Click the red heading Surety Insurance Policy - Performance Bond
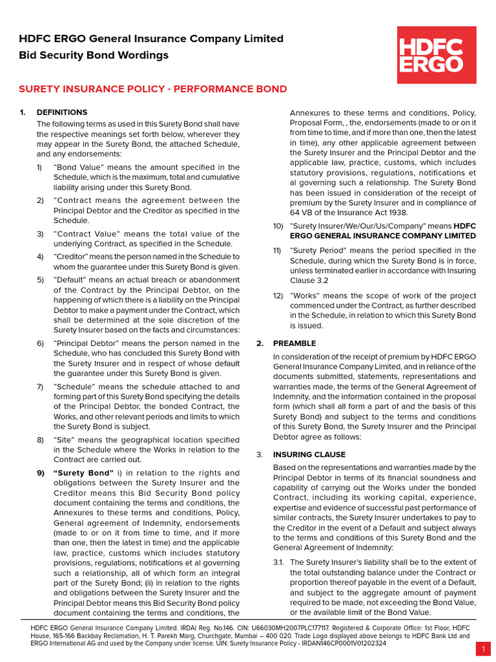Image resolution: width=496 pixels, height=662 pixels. pos(153,89)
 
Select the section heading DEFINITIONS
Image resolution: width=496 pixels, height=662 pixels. pos(62,112)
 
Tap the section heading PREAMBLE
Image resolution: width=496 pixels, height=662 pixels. pos(294,343)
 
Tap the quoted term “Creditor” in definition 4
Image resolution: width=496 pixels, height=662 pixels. pos(70,257)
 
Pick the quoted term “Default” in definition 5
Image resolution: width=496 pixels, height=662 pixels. pos(69,279)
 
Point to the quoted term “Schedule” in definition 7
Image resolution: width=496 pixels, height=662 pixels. pos(73,387)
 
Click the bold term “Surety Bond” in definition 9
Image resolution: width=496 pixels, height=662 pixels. pos(83,473)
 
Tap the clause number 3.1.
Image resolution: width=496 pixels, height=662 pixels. pos(278,562)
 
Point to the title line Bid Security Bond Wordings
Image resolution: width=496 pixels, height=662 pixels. pos(94,55)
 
